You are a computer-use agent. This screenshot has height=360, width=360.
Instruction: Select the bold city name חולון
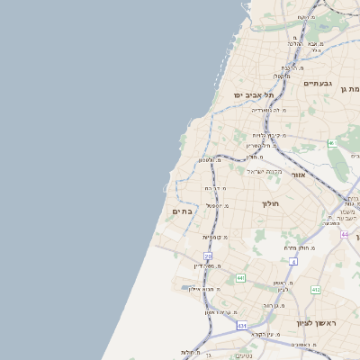pos(272,204)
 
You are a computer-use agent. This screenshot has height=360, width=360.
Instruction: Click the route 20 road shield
pos(208,256)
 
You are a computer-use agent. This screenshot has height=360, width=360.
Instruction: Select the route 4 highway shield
pos(293,261)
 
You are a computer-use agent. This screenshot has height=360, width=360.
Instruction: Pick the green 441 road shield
pos(240,278)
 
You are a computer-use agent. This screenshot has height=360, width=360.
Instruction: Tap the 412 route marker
pos(316,290)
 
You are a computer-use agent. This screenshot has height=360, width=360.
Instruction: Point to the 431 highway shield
pos(242,325)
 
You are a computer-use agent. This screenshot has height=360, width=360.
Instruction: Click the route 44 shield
pos(345,234)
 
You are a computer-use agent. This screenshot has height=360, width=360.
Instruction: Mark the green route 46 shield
pos(333,143)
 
